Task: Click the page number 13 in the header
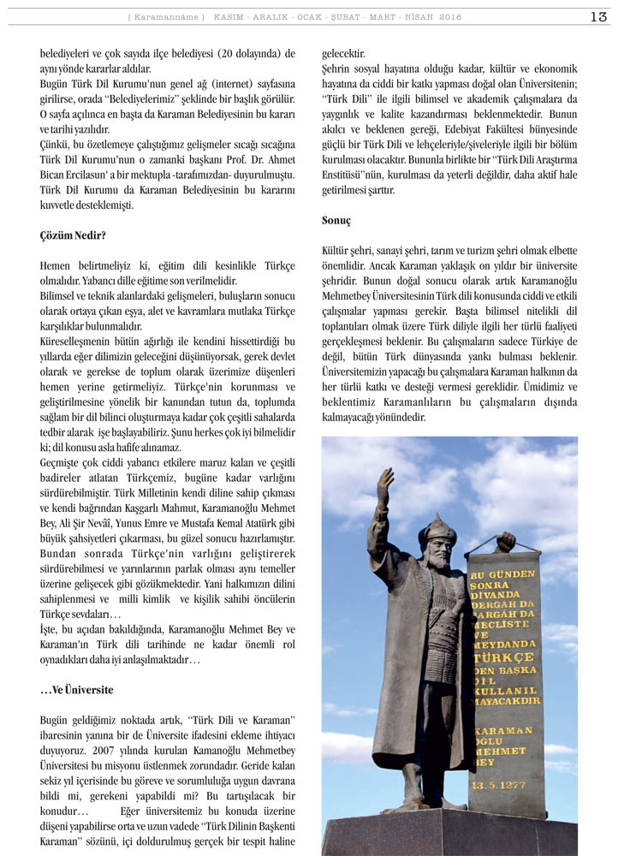click(x=598, y=16)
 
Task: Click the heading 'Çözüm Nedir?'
click(x=73, y=235)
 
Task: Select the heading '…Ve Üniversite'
click(x=77, y=690)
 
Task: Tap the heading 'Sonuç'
click(x=336, y=220)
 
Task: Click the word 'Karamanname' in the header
click(x=166, y=17)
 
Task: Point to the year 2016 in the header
click(x=450, y=17)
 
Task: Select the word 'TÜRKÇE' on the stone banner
click(x=503, y=657)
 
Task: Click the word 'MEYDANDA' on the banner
click(x=505, y=643)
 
